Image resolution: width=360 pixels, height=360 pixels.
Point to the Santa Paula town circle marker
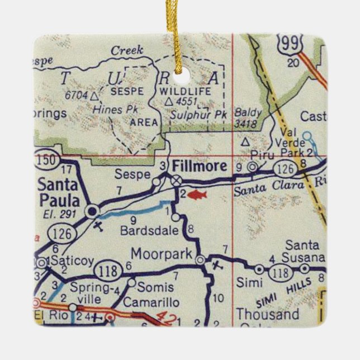[x=92, y=211]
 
